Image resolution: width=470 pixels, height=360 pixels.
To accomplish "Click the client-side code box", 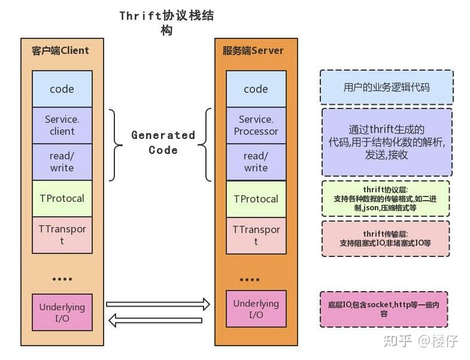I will (62, 89).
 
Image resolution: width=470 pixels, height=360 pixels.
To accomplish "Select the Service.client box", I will (62, 125).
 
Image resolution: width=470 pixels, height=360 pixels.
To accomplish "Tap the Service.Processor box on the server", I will (256, 125).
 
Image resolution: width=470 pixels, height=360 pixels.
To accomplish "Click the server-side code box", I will (256, 89).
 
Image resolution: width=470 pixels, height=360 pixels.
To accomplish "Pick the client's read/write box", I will (62, 162).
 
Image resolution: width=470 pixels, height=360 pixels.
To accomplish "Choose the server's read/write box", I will (256, 162).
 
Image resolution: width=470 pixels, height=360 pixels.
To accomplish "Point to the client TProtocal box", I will (62, 198).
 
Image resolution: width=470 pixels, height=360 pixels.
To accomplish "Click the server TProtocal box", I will (256, 199).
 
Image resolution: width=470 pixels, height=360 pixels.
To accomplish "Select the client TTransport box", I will (62, 235).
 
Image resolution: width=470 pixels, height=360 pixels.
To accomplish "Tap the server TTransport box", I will (256, 235).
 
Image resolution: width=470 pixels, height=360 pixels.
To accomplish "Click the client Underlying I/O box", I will (62, 312).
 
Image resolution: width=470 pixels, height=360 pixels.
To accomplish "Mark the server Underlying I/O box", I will (256, 309).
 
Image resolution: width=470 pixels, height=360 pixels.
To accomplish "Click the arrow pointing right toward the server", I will (158, 304).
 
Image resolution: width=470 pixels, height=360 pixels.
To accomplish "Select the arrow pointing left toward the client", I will (156, 320).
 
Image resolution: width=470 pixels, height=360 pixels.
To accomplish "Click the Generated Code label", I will (163, 143).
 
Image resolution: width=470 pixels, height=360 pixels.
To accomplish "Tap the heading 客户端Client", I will (60, 50).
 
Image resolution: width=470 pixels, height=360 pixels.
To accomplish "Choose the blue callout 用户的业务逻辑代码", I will (386, 87).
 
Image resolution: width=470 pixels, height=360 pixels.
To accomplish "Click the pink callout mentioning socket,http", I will (384, 308).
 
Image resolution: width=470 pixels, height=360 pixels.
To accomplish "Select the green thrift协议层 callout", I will (385, 199).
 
